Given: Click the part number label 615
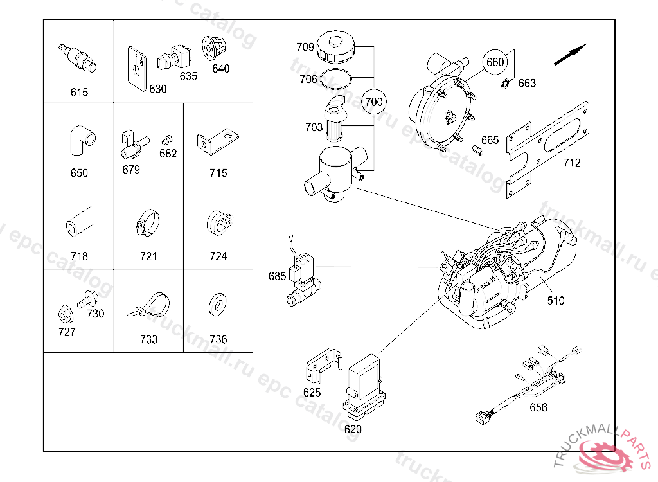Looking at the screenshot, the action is point(79,92).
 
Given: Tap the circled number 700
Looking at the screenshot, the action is point(373,102).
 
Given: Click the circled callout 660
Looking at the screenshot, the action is point(495,62).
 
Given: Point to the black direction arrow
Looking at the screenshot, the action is point(570,55).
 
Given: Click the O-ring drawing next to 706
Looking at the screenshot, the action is point(335,79).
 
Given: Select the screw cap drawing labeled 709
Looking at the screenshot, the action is point(335,46).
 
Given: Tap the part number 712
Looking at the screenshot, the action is point(571,163).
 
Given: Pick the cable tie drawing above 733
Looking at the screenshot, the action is point(148,306).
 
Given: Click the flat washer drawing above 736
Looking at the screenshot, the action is point(218,305).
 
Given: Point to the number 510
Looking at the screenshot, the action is point(556,301).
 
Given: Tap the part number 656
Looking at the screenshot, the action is point(538,407).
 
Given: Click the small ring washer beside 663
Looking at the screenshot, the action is point(505,84).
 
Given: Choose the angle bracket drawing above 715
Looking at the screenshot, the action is point(218,141).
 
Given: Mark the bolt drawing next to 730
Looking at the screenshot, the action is point(87,299).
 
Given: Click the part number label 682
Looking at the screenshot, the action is point(168,154).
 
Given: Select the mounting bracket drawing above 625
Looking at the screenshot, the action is point(324,365).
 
